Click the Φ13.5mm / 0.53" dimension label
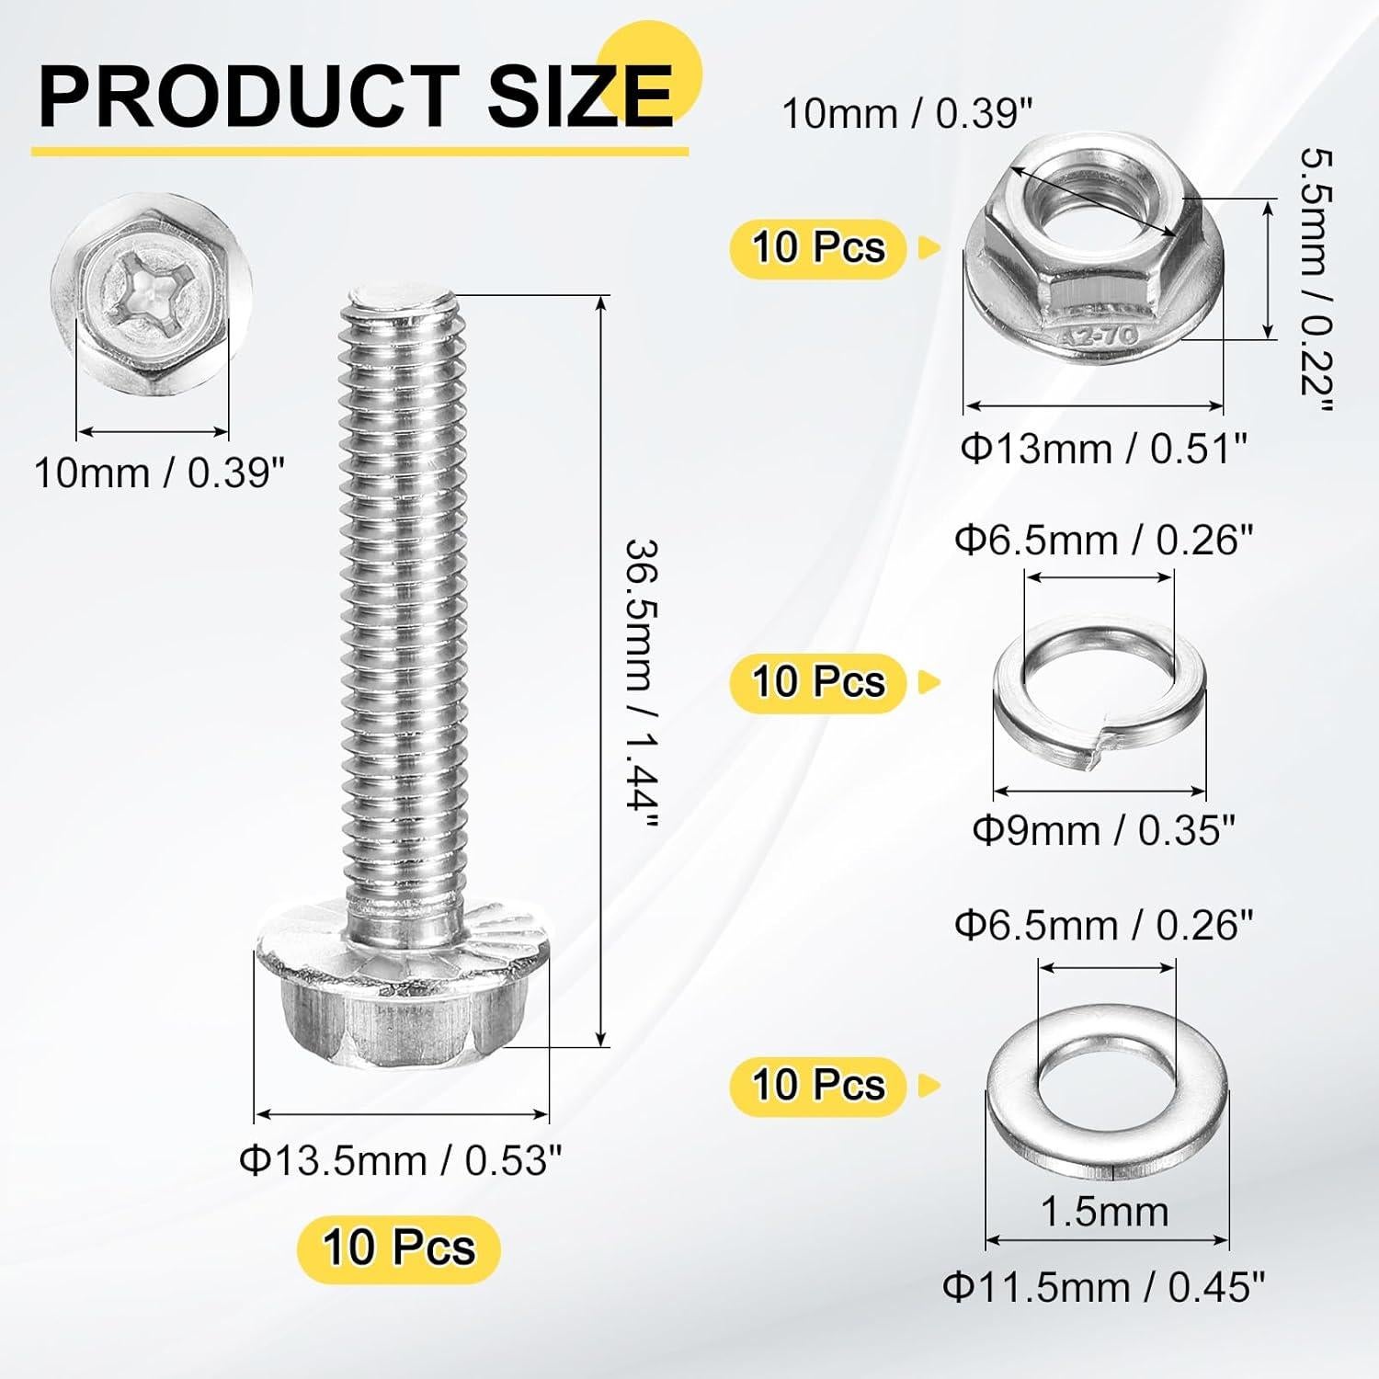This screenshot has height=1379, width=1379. pyautogui.click(x=400, y=1161)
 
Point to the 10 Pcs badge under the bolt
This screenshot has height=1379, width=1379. pyautogui.click(x=398, y=1248)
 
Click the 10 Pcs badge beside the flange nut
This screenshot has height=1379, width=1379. pyautogui.click(x=818, y=248)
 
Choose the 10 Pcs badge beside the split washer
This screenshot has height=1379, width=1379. pyautogui.click(x=818, y=682)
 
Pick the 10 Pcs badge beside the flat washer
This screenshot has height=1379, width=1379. pyautogui.click(x=818, y=1086)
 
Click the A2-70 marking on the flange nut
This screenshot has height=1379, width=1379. pyautogui.click(x=1103, y=337)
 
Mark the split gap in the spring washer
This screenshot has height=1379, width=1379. pyautogui.click(x=1094, y=758)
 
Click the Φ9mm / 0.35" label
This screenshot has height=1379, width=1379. pyautogui.click(x=1103, y=831)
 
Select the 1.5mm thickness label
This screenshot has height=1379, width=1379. pyautogui.click(x=1104, y=1212)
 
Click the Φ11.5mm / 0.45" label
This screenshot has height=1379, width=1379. pyautogui.click(x=1104, y=1287)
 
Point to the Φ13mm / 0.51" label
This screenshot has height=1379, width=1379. pyautogui.click(x=1104, y=450)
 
